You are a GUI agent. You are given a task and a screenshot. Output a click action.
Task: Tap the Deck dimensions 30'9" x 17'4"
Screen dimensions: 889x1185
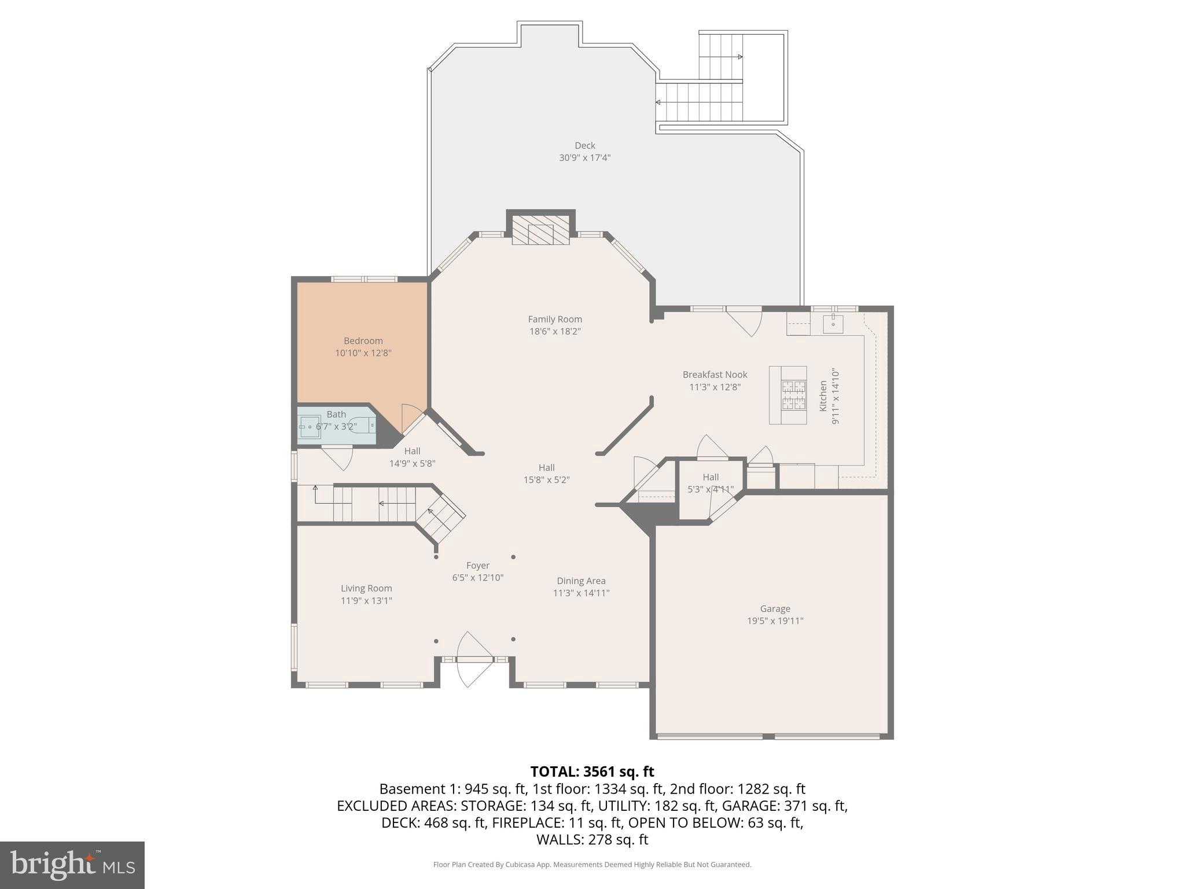point(584,157)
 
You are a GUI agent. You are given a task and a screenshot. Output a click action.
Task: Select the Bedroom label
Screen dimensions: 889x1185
point(363,341)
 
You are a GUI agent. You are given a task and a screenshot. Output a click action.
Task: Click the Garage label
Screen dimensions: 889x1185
point(775,608)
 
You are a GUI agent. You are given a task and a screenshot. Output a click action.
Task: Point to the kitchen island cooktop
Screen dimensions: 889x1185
point(793,395)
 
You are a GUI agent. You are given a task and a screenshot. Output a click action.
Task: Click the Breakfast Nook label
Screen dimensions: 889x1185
point(715,374)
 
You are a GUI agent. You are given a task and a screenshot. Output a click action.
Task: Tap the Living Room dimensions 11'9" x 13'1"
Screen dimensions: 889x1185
point(366,601)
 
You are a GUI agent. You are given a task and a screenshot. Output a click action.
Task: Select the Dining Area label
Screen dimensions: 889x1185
point(581,581)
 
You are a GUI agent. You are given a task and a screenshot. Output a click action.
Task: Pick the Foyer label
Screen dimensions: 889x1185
point(477,565)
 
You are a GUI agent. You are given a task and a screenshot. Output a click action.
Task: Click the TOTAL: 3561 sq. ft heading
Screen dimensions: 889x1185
point(592,772)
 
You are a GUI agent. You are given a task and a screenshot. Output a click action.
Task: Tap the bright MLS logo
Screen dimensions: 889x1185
point(72,865)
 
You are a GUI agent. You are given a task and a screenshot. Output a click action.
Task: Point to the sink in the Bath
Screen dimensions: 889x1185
point(310,427)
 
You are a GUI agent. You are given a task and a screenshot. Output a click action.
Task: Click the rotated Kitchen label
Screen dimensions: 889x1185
point(823,396)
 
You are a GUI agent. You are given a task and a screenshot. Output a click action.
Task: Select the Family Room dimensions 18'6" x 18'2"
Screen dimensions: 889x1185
point(554,332)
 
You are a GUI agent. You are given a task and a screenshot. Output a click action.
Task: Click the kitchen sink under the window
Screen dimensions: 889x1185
point(833,324)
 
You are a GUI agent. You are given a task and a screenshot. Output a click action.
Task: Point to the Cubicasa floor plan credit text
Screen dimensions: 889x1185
point(592,865)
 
